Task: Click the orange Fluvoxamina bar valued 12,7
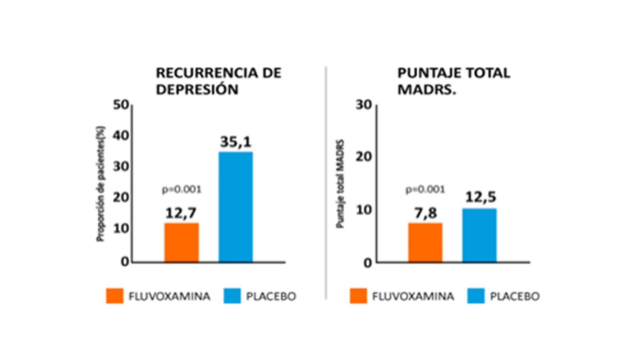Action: coord(181,242)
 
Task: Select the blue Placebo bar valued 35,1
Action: coord(235,207)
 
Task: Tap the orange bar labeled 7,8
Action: coord(425,242)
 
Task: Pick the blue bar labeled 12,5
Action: coord(479,235)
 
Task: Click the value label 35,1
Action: coord(235,142)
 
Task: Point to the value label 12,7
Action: coord(181,213)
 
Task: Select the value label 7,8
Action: coord(425,213)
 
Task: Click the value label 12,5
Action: coord(480,197)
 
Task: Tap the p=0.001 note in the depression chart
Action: coord(182,190)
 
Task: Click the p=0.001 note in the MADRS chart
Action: coord(425,190)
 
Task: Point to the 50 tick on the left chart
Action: coord(121,105)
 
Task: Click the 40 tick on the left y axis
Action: coord(121,136)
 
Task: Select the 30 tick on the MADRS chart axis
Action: coord(364,105)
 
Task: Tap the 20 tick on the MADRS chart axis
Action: coord(364,156)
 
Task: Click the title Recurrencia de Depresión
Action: coord(219,81)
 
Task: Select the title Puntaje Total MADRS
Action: coord(453,81)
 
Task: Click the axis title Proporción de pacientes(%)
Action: coord(100,184)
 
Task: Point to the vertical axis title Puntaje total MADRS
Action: coord(340,184)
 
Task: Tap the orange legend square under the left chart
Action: coord(115,296)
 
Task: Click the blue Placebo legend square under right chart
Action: coord(476,296)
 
